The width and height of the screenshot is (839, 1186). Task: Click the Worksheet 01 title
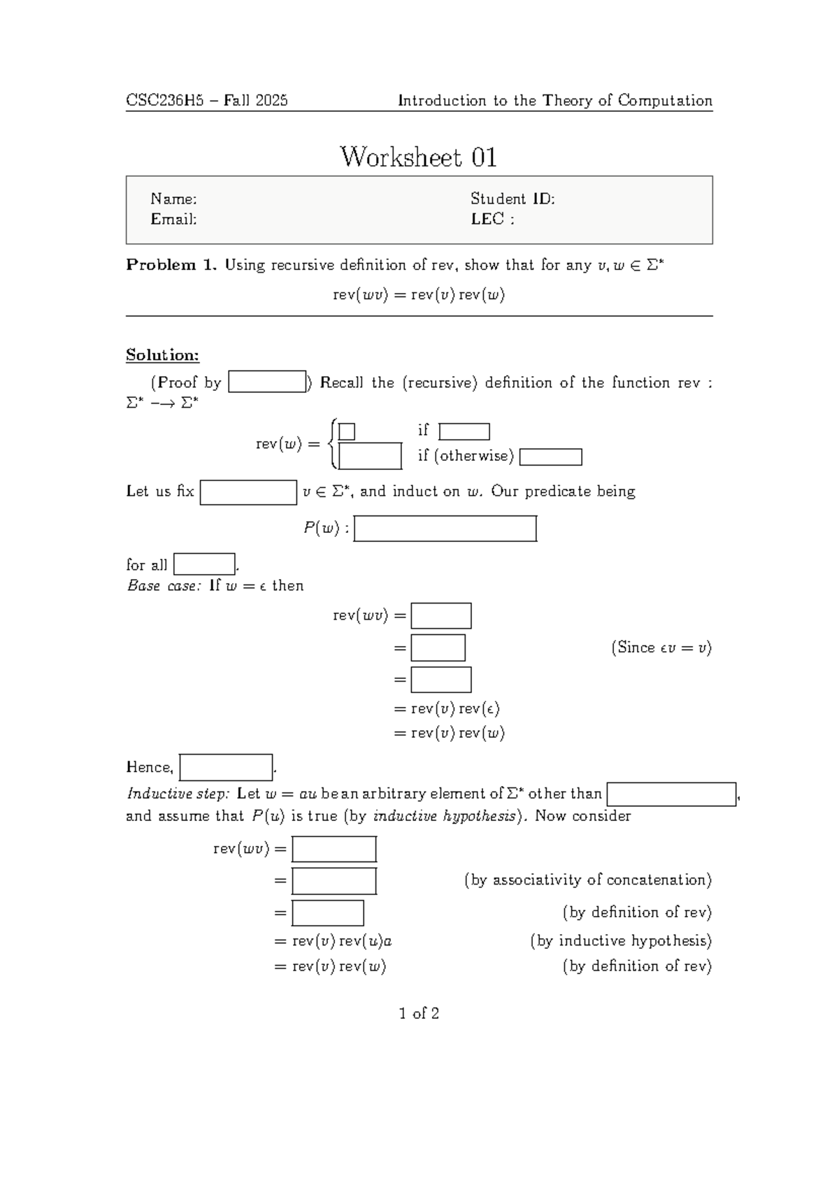pos(418,157)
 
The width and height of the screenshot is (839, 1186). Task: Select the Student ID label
pos(512,199)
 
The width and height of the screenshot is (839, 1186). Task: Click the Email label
pos(173,220)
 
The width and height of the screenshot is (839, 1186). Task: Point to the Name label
pos(173,199)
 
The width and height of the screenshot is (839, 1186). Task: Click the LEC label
pos(492,220)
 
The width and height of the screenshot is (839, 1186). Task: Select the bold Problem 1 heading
pos(171,265)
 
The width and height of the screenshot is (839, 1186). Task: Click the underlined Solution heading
pos(162,355)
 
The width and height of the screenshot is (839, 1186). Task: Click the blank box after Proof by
pos(267,383)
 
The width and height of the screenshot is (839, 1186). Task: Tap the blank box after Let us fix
pos(248,492)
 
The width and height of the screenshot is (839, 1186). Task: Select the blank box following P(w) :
pos(445,529)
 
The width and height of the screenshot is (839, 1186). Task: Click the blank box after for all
pos(204,564)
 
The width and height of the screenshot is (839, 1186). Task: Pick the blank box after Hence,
pos(226,767)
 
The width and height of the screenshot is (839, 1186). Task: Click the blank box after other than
pos(671,794)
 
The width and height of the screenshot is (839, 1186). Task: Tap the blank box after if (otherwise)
pos(551,457)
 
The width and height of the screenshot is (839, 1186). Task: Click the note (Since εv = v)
pos(661,648)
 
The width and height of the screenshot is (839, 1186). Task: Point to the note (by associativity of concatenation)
pos(587,880)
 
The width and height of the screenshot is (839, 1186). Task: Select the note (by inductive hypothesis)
pos(620,941)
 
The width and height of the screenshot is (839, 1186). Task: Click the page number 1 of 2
pos(419,1014)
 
